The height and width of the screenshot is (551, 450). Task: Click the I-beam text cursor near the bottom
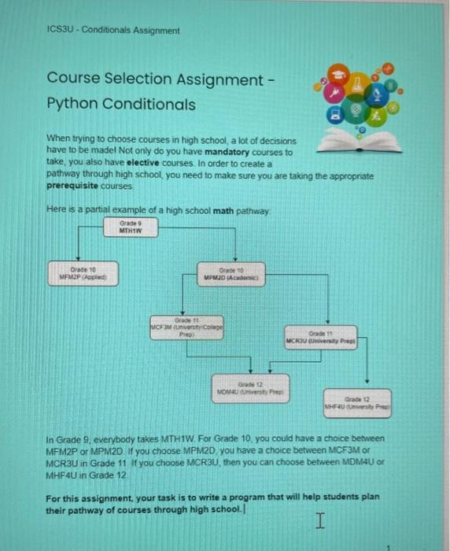[319, 519]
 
